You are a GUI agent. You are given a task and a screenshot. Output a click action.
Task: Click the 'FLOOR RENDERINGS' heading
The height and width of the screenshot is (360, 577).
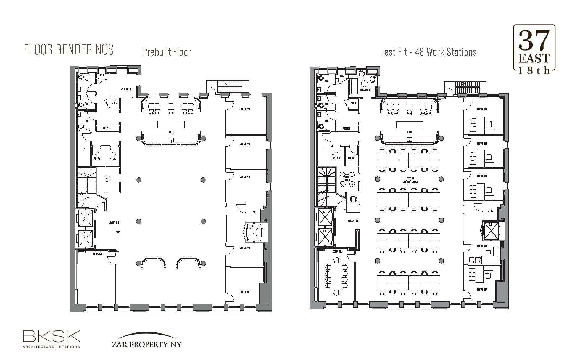tap(69, 50)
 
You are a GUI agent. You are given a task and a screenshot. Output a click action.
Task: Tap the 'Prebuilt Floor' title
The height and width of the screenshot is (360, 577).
tap(167, 52)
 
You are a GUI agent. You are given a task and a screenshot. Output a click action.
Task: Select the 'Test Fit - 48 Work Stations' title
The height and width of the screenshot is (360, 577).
tap(428, 52)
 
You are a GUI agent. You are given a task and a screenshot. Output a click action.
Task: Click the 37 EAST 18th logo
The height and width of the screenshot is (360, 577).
tap(534, 49)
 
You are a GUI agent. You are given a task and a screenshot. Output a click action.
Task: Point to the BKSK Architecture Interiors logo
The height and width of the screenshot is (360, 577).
tap(51, 339)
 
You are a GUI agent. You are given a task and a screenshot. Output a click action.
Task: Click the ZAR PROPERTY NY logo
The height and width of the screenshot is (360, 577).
tap(146, 340)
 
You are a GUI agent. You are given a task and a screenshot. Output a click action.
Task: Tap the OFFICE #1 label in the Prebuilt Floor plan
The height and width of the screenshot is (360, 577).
tap(245, 109)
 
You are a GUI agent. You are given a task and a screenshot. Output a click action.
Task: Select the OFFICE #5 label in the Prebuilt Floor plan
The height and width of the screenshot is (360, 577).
tap(245, 292)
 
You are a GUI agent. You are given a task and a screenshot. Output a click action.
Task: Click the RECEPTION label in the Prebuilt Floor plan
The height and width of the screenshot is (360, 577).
tap(114, 223)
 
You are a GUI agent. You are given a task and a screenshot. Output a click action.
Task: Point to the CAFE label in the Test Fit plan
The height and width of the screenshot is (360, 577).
tap(410, 132)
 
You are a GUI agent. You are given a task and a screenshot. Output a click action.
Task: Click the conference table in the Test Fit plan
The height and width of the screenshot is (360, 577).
tap(336, 276)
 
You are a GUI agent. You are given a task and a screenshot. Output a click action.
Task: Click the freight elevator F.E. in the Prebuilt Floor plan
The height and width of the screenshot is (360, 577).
tap(254, 232)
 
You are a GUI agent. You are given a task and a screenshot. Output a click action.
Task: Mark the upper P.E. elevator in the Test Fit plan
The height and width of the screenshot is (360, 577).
tap(325, 217)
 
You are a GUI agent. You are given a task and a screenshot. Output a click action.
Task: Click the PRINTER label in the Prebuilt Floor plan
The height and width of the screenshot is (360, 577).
tap(107, 128)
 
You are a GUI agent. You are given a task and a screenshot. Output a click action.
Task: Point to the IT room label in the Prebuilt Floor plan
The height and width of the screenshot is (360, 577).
tap(84, 150)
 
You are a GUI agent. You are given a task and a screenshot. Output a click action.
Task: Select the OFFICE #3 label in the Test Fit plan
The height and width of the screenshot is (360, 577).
tap(482, 176)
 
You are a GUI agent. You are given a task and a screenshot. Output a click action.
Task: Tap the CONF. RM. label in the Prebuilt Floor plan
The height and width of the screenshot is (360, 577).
tap(97, 254)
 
